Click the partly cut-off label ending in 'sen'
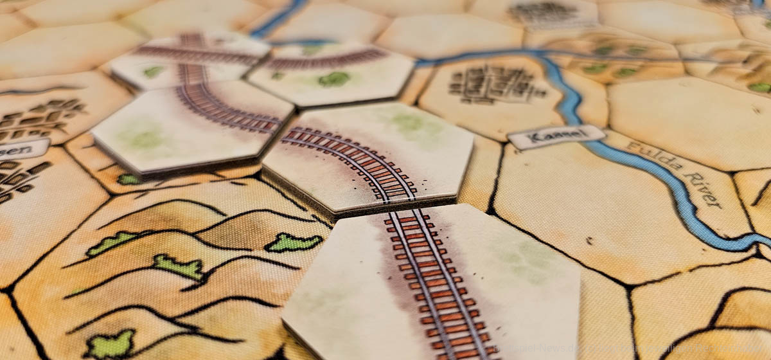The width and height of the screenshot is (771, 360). click(x=19, y=150)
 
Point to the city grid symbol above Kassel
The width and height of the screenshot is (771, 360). click(x=495, y=84)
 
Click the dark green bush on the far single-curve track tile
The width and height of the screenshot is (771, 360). click(x=333, y=79)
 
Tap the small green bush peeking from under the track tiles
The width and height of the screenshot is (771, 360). click(x=128, y=179)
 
